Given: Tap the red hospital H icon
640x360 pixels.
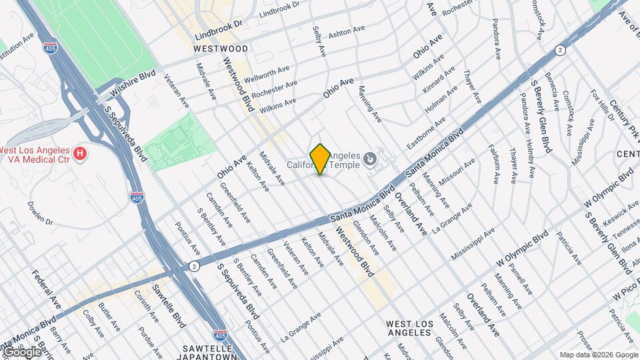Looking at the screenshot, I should (80, 155).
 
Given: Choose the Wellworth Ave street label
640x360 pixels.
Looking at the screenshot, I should (267, 74).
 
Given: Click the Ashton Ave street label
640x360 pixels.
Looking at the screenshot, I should (347, 31).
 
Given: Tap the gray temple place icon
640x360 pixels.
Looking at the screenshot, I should (369, 159).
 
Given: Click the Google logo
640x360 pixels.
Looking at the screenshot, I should (21, 351).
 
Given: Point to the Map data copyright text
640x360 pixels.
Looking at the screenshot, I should (598, 355).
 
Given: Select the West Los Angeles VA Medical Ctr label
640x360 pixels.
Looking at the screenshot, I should (37, 155).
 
